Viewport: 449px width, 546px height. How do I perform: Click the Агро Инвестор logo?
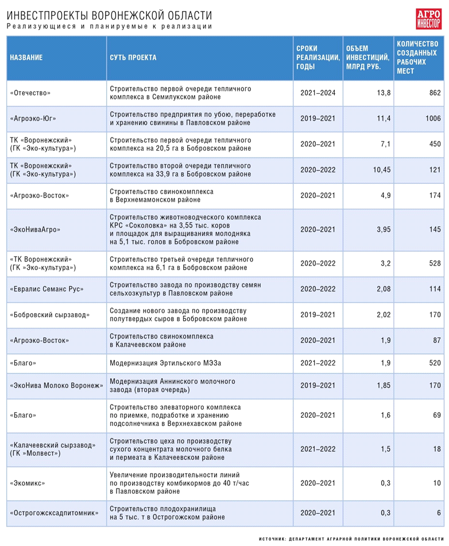(x=428, y=19)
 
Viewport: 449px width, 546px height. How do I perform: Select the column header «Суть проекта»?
(x=133, y=57)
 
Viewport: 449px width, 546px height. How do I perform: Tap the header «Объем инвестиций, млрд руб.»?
(x=367, y=57)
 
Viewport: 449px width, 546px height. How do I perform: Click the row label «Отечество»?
(x=30, y=93)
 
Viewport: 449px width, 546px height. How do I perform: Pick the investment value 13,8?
(x=384, y=93)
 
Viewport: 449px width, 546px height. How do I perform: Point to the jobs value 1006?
(x=433, y=118)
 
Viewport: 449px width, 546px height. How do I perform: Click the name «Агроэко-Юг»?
(x=33, y=118)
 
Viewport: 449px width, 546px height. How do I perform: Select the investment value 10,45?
(x=382, y=170)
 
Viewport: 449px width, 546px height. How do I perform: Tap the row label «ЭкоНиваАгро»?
(x=35, y=229)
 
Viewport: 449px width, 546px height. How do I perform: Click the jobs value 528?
(x=435, y=263)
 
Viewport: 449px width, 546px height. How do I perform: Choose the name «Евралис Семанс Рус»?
(x=47, y=289)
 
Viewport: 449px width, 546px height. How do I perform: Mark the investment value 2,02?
(x=384, y=315)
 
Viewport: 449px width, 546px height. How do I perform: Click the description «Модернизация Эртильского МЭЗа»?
(x=165, y=363)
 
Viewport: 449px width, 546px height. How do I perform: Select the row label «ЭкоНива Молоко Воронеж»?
(x=57, y=386)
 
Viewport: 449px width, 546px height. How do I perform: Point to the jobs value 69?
(x=437, y=415)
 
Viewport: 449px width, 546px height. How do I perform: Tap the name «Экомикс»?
(x=28, y=483)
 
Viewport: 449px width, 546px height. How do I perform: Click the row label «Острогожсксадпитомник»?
(x=54, y=513)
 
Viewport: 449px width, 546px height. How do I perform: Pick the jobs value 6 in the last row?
(x=439, y=513)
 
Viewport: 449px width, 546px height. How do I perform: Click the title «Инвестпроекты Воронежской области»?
(x=109, y=16)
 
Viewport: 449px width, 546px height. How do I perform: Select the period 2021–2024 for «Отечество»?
(x=318, y=93)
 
